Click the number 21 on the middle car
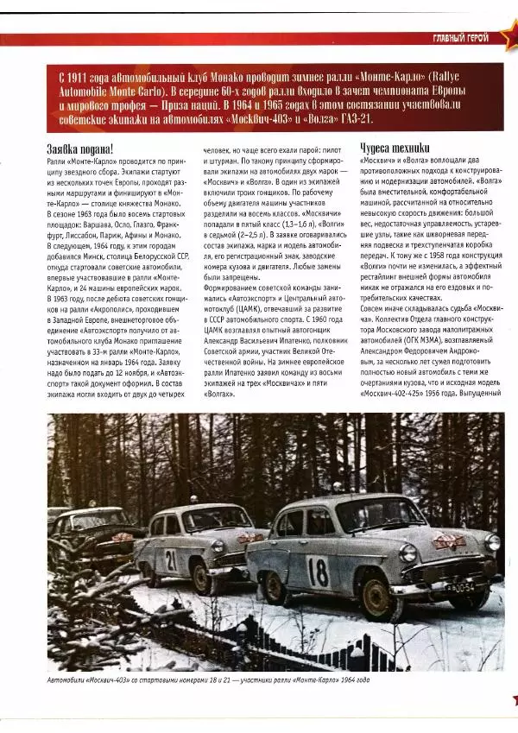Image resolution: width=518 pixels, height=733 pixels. tap(172, 559)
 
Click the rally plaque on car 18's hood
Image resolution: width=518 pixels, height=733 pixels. tap(448, 542)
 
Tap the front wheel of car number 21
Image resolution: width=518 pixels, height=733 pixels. tap(202, 576)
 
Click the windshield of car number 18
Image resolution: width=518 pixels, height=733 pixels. tap(379, 515)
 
